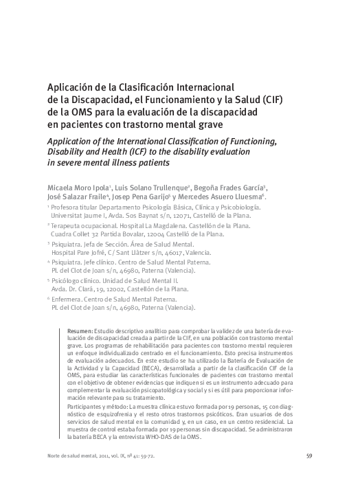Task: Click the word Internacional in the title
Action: coord(196,87)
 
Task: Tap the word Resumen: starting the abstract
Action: coord(81,331)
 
